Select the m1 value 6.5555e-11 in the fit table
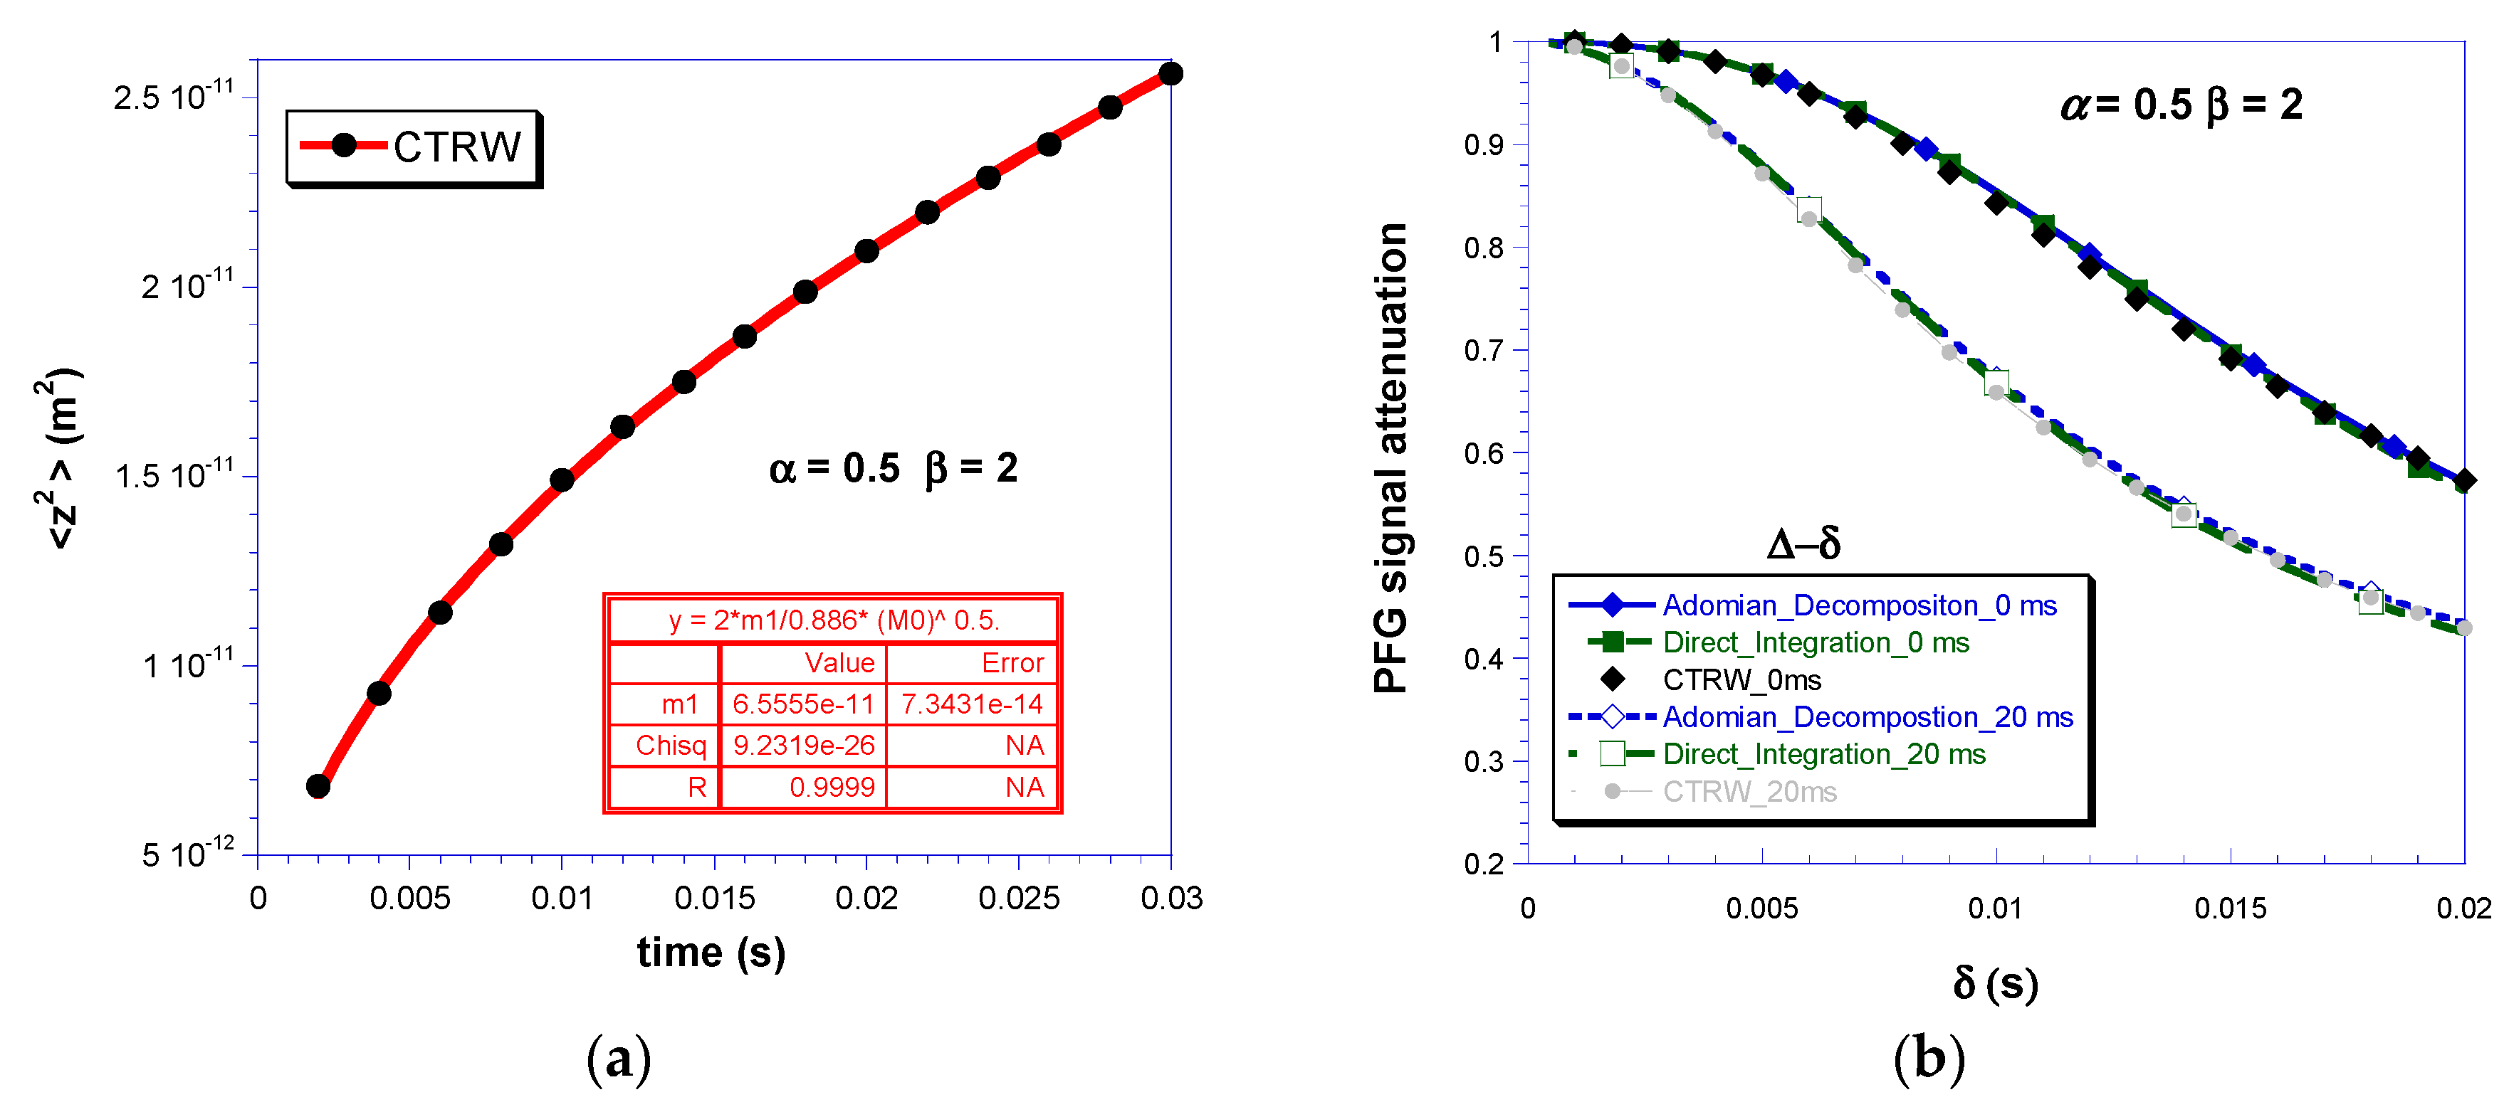(802, 704)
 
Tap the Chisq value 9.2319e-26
(802, 746)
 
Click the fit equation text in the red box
(834, 620)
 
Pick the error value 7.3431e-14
(971, 704)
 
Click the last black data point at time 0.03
(1170, 74)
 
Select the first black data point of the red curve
(318, 785)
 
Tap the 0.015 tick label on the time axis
(714, 898)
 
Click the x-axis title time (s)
(711, 952)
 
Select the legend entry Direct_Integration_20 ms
(1823, 755)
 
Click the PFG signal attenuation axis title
(1391, 457)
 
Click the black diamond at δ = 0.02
(2464, 480)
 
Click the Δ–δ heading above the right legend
(1803, 544)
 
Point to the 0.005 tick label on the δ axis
(1761, 909)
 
